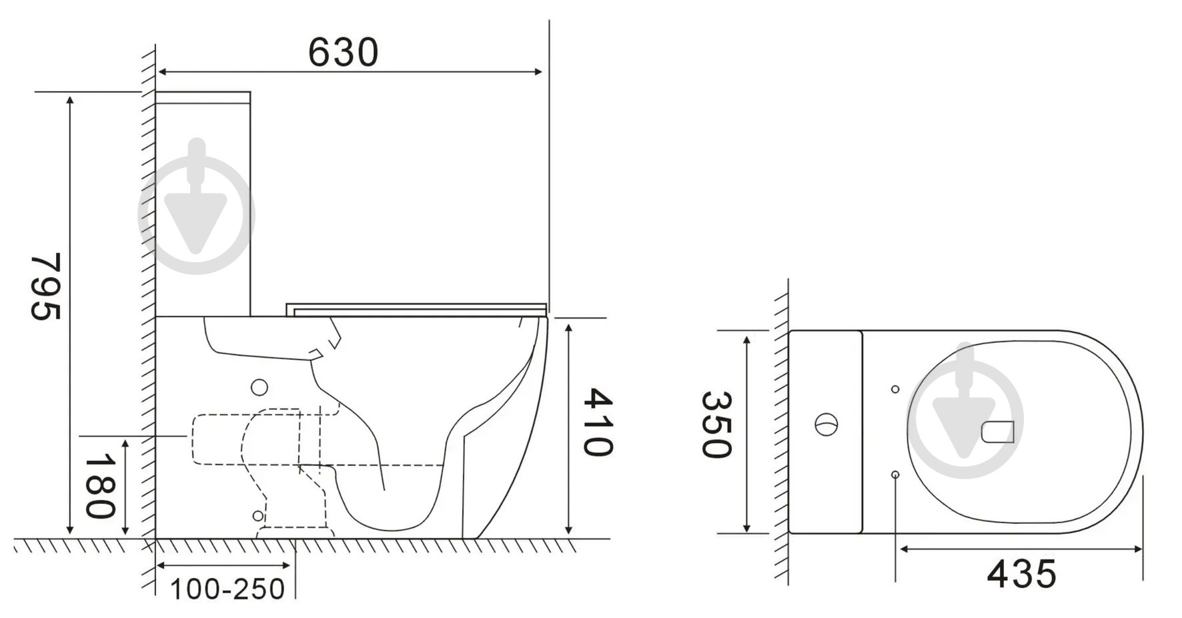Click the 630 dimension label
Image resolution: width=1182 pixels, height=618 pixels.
point(343,52)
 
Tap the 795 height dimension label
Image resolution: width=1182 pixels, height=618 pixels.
point(46,286)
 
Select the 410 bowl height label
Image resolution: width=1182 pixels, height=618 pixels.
point(598,422)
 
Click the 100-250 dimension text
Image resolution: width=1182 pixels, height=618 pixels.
point(227,589)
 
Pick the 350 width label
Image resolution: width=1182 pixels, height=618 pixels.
point(717,424)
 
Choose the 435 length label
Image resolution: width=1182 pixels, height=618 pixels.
point(1021,573)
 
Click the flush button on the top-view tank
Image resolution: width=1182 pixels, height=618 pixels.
point(826,424)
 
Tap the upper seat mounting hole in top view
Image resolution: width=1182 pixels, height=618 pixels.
point(895,389)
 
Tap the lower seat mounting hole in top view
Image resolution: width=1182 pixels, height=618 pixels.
point(895,474)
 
